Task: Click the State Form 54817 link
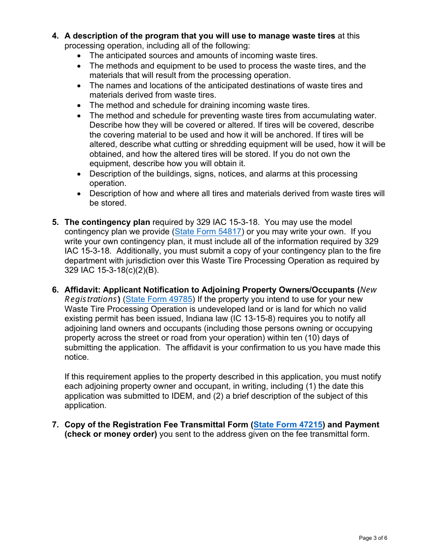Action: click(208, 232)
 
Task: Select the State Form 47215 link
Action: click(288, 425)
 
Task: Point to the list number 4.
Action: click(55, 36)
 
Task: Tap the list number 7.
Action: click(55, 425)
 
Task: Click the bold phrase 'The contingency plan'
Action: click(107, 222)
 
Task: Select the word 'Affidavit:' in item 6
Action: click(83, 290)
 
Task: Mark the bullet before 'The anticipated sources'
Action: click(80, 56)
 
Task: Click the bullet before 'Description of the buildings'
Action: click(80, 174)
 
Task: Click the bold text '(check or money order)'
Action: click(110, 434)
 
